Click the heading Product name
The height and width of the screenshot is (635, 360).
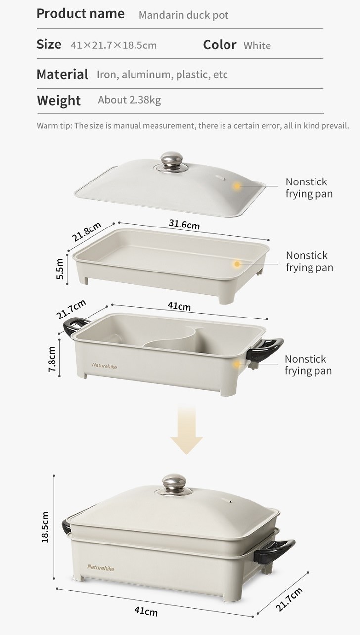tap(80, 14)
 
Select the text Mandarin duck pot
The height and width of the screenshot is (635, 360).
tap(183, 15)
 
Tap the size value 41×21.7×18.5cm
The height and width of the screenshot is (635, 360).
tap(114, 45)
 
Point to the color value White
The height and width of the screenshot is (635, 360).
tap(257, 45)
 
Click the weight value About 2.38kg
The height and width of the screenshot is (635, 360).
tap(130, 100)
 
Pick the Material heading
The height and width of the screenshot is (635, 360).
tap(62, 74)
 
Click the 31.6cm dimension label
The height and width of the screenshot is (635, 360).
tap(184, 224)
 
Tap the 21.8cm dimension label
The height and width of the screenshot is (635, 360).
tap(87, 231)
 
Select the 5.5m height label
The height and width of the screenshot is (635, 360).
tap(60, 269)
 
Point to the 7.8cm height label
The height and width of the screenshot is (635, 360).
tap(52, 359)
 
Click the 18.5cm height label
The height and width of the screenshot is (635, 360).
tap(45, 527)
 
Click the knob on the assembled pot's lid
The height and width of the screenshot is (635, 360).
tap(175, 484)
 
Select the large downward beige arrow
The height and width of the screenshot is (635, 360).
tap(186, 429)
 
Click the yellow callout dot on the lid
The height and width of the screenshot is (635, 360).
tap(237, 186)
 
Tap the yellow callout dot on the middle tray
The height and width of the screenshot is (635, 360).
tap(237, 264)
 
